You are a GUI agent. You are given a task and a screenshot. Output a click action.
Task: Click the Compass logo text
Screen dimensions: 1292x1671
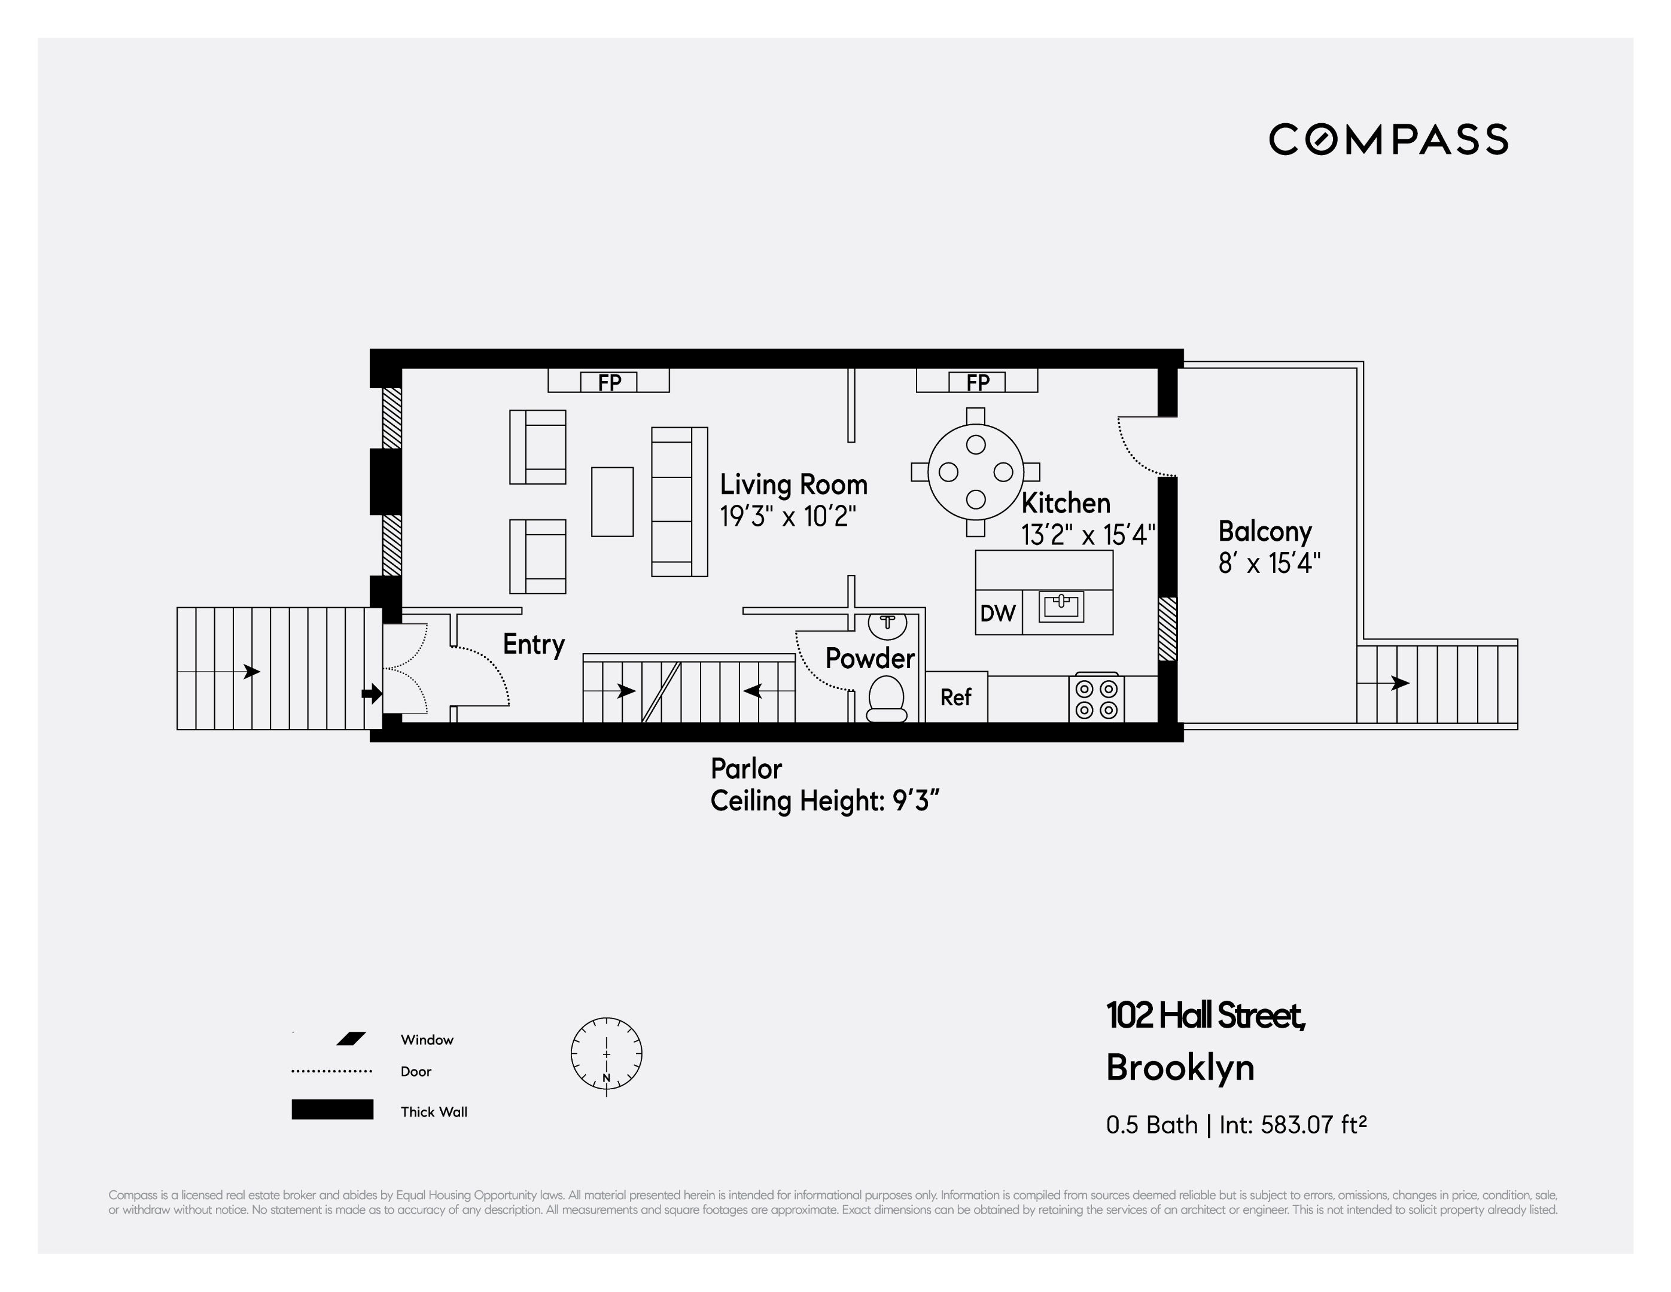point(1388,139)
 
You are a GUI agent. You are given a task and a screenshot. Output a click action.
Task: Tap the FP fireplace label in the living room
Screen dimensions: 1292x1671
point(609,382)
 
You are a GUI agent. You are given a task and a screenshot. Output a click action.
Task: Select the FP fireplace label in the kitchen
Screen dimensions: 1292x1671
point(977,382)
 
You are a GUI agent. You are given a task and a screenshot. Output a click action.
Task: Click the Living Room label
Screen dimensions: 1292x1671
point(793,485)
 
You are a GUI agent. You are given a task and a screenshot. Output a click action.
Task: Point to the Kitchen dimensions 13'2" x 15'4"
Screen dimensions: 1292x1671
point(1087,535)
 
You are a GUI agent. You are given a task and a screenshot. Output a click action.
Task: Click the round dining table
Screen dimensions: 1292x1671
point(976,472)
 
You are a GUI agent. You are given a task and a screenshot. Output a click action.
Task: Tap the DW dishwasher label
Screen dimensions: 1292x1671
point(998,613)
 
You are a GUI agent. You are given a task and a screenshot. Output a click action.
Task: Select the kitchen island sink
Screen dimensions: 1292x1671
point(1061,606)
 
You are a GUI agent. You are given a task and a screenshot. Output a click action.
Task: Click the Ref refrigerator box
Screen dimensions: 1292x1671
point(955,697)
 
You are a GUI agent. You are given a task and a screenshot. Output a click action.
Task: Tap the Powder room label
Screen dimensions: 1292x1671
point(870,659)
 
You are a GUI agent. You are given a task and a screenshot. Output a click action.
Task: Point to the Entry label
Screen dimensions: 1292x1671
point(533,644)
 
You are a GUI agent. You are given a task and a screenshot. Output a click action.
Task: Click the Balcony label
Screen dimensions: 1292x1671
point(1265,532)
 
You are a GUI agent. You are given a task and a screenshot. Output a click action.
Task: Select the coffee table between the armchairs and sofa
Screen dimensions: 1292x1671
point(612,502)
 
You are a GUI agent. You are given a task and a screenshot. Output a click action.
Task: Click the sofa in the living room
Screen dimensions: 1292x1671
point(678,502)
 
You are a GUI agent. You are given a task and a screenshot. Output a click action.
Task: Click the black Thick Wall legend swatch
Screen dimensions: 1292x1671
point(332,1109)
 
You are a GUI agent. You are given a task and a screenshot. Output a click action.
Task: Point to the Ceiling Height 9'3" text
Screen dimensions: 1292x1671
point(824,801)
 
